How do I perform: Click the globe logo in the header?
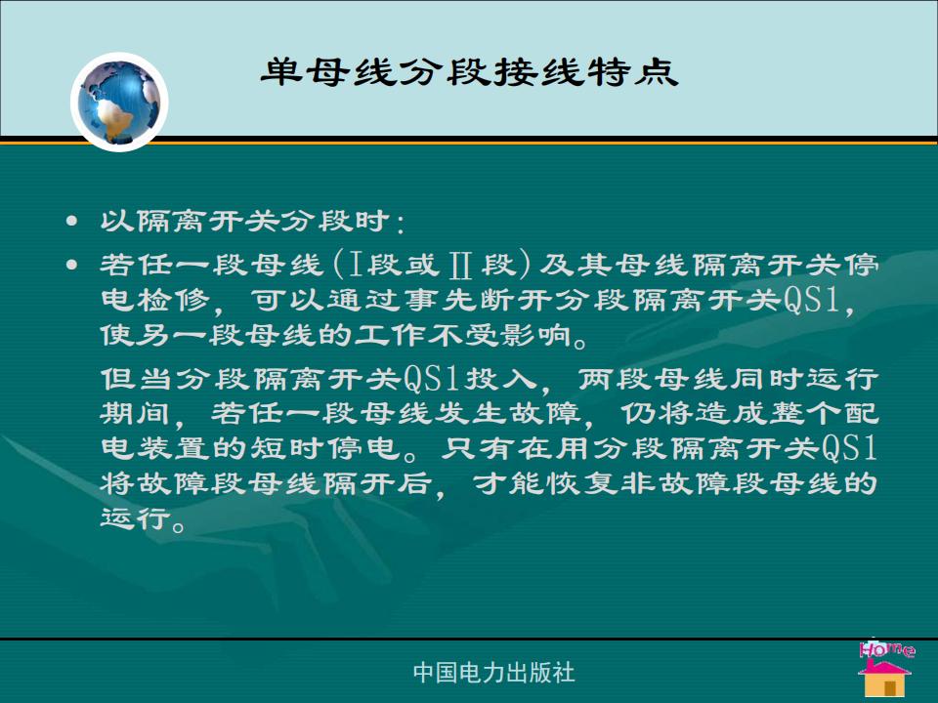pyautogui.click(x=119, y=102)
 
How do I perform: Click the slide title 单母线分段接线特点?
pyautogui.click(x=469, y=72)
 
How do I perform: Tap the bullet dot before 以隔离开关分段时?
pyautogui.click(x=71, y=222)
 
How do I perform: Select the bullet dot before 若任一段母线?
pyautogui.click(x=71, y=265)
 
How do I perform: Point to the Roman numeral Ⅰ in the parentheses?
pyautogui.click(x=356, y=265)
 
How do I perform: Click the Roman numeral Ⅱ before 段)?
pyautogui.click(x=459, y=265)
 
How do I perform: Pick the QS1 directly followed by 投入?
pyautogui.click(x=431, y=379)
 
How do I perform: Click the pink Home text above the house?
pyautogui.click(x=886, y=649)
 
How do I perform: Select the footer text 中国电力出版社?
pyautogui.click(x=494, y=673)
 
